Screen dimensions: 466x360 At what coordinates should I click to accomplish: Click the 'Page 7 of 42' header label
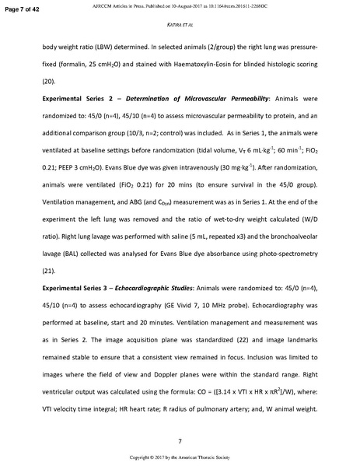26,7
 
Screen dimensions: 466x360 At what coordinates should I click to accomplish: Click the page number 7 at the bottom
180,442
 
